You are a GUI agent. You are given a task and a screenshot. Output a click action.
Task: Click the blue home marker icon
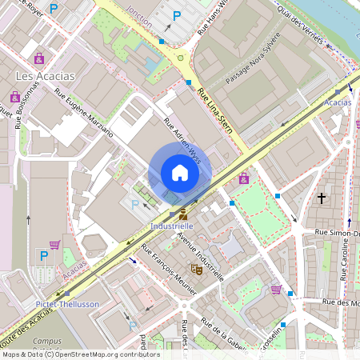click(x=180, y=173)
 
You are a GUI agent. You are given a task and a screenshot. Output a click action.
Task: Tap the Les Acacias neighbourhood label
click(x=46, y=75)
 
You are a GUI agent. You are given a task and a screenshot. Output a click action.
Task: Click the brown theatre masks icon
click(x=194, y=270)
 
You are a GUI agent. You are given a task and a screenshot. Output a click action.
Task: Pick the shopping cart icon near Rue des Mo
click(x=277, y=290)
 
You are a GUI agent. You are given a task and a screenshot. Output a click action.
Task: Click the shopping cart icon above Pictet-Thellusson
click(x=54, y=245)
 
